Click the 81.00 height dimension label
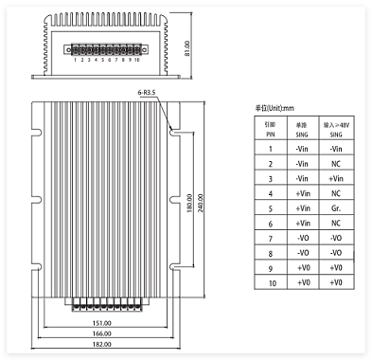coord(186,47)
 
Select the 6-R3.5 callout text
coord(147,93)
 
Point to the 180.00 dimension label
coord(189,203)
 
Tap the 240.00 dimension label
coord(201,203)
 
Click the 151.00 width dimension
coord(101,323)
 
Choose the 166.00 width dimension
coord(101,333)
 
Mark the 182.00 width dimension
coord(101,344)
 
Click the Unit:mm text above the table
coord(275,108)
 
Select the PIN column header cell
coord(271,128)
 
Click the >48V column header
coord(336,128)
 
